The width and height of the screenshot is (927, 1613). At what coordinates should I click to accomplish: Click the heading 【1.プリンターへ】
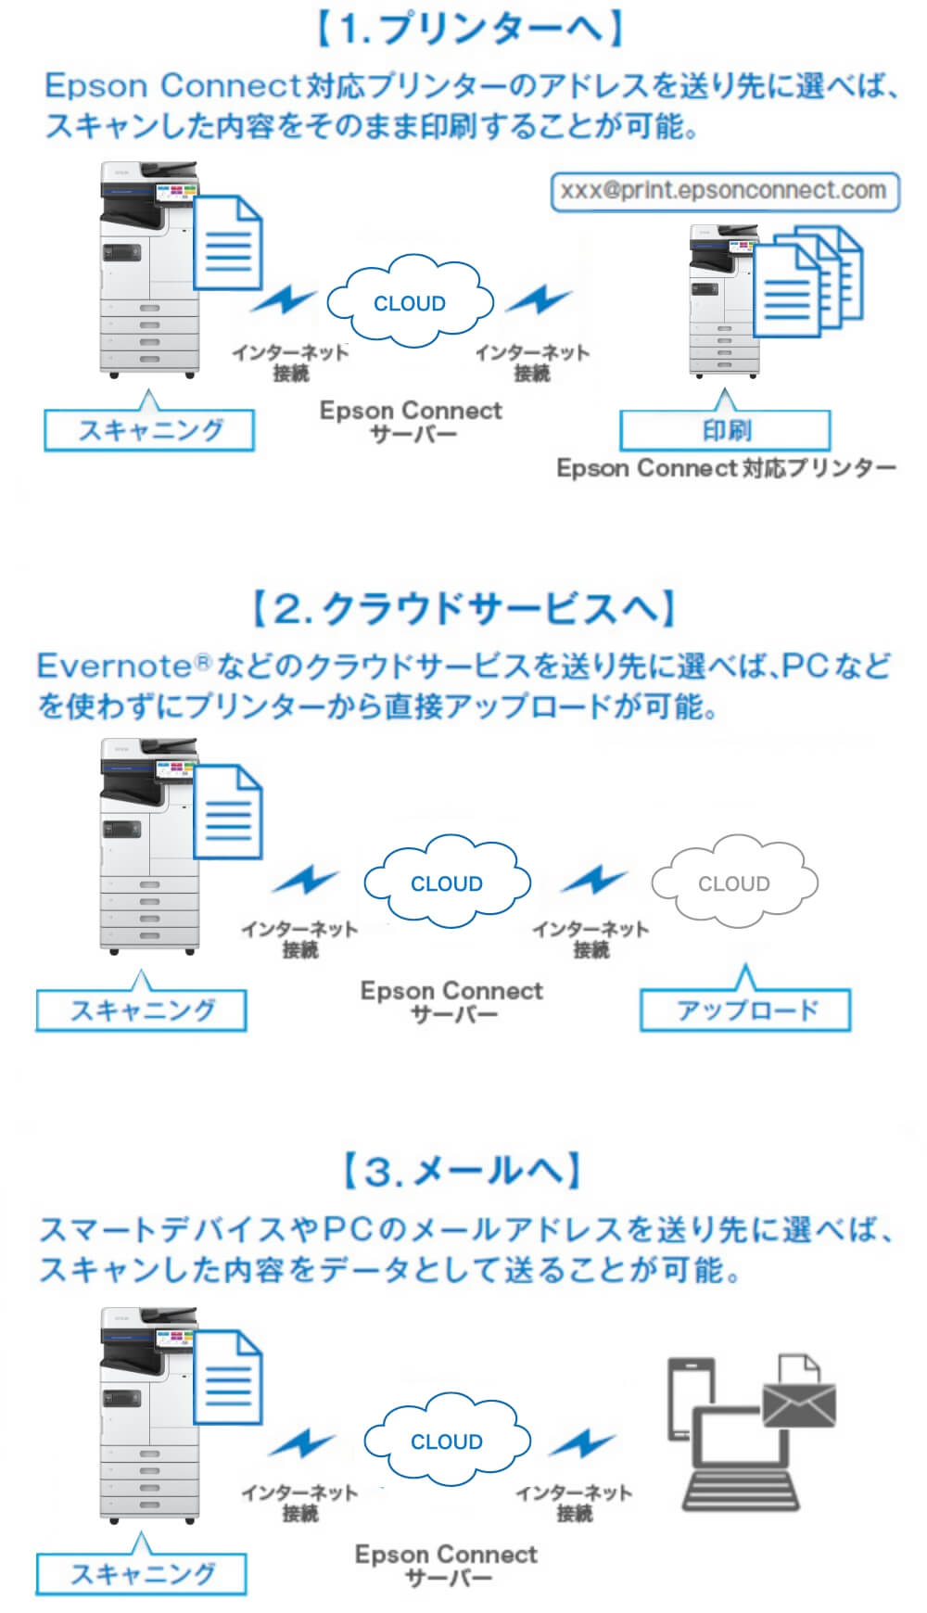tap(469, 30)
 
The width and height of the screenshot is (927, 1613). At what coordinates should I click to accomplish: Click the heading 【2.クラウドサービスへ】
tap(463, 609)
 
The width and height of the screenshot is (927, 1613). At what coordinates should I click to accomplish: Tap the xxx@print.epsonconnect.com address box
tap(724, 191)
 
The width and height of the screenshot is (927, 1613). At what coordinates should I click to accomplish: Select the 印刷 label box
tap(725, 431)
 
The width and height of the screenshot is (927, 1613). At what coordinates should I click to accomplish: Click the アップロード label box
tap(745, 1010)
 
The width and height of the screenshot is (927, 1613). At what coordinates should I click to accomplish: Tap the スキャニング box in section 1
tap(149, 430)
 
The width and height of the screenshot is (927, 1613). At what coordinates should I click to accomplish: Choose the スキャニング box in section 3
tap(141, 1573)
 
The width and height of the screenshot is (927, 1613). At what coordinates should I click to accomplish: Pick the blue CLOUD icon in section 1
tap(409, 303)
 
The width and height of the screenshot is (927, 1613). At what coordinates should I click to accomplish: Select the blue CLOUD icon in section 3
tap(446, 1441)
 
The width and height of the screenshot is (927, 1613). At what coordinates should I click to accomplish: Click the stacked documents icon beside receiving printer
tap(806, 283)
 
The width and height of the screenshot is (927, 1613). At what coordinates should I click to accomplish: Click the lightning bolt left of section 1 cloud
tap(284, 300)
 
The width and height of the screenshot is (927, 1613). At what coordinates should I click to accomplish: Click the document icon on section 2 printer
tap(227, 811)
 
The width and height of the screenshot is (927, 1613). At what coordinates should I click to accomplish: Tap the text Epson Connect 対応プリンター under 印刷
tap(725, 468)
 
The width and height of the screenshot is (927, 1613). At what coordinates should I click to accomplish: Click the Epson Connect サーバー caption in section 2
tap(451, 1001)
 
